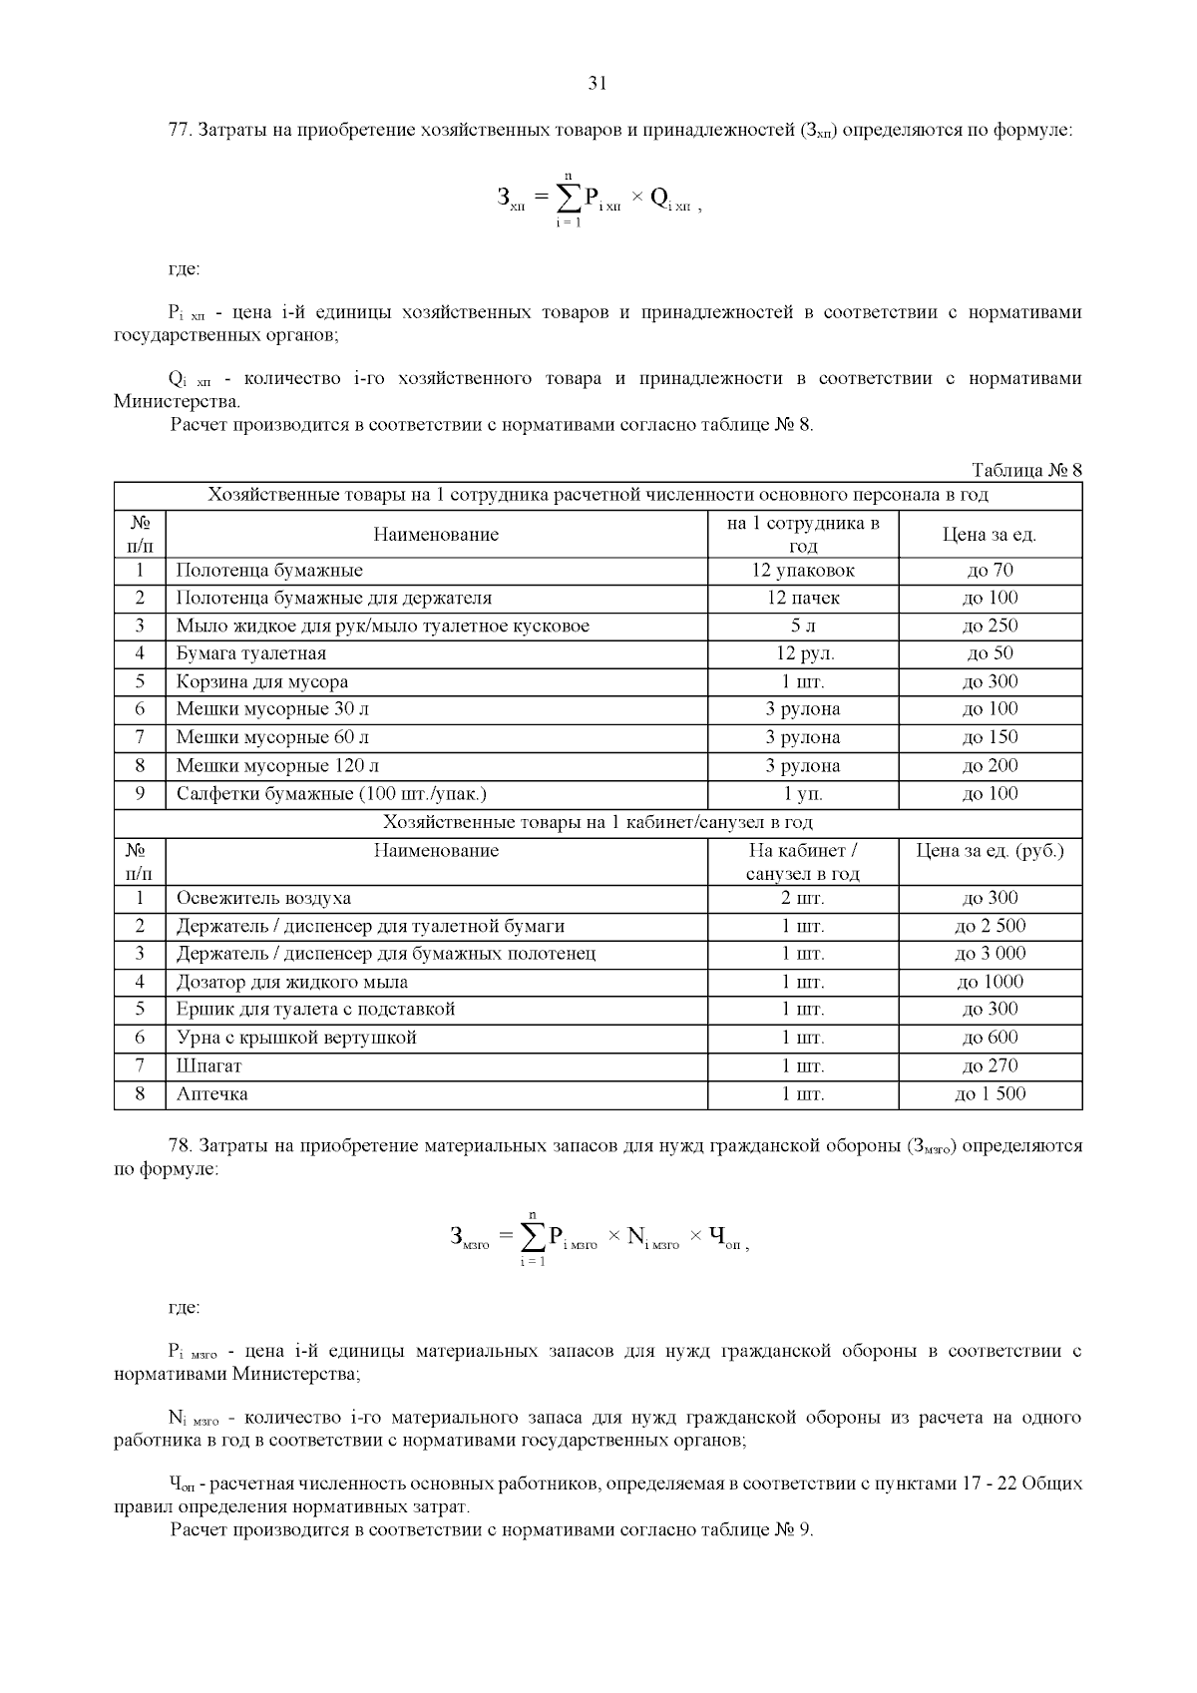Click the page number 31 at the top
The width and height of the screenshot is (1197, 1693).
(598, 84)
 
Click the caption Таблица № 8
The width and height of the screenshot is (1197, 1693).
(1026, 470)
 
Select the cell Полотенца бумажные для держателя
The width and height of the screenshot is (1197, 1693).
(334, 598)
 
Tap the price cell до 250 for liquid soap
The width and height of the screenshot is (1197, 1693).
(990, 626)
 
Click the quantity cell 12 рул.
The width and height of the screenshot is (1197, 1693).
(803, 653)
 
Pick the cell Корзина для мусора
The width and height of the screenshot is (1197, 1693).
(262, 681)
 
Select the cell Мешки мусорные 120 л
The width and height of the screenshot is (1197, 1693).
(277, 765)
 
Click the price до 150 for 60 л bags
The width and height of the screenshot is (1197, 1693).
(990, 737)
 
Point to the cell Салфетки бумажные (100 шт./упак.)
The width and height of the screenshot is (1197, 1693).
(331, 793)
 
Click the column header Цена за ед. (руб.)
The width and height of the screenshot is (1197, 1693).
(990, 851)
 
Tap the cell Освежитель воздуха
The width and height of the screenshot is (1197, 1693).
(263, 898)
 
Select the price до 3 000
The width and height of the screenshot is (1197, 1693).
(990, 953)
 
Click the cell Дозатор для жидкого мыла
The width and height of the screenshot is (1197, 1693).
(292, 982)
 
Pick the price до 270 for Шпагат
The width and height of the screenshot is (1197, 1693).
(990, 1065)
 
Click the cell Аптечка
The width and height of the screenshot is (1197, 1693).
(212, 1093)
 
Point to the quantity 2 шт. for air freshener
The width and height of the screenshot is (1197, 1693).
(803, 898)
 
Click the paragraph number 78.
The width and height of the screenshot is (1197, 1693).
(180, 1145)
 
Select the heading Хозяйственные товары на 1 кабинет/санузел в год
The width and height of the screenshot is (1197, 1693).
(598, 822)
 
